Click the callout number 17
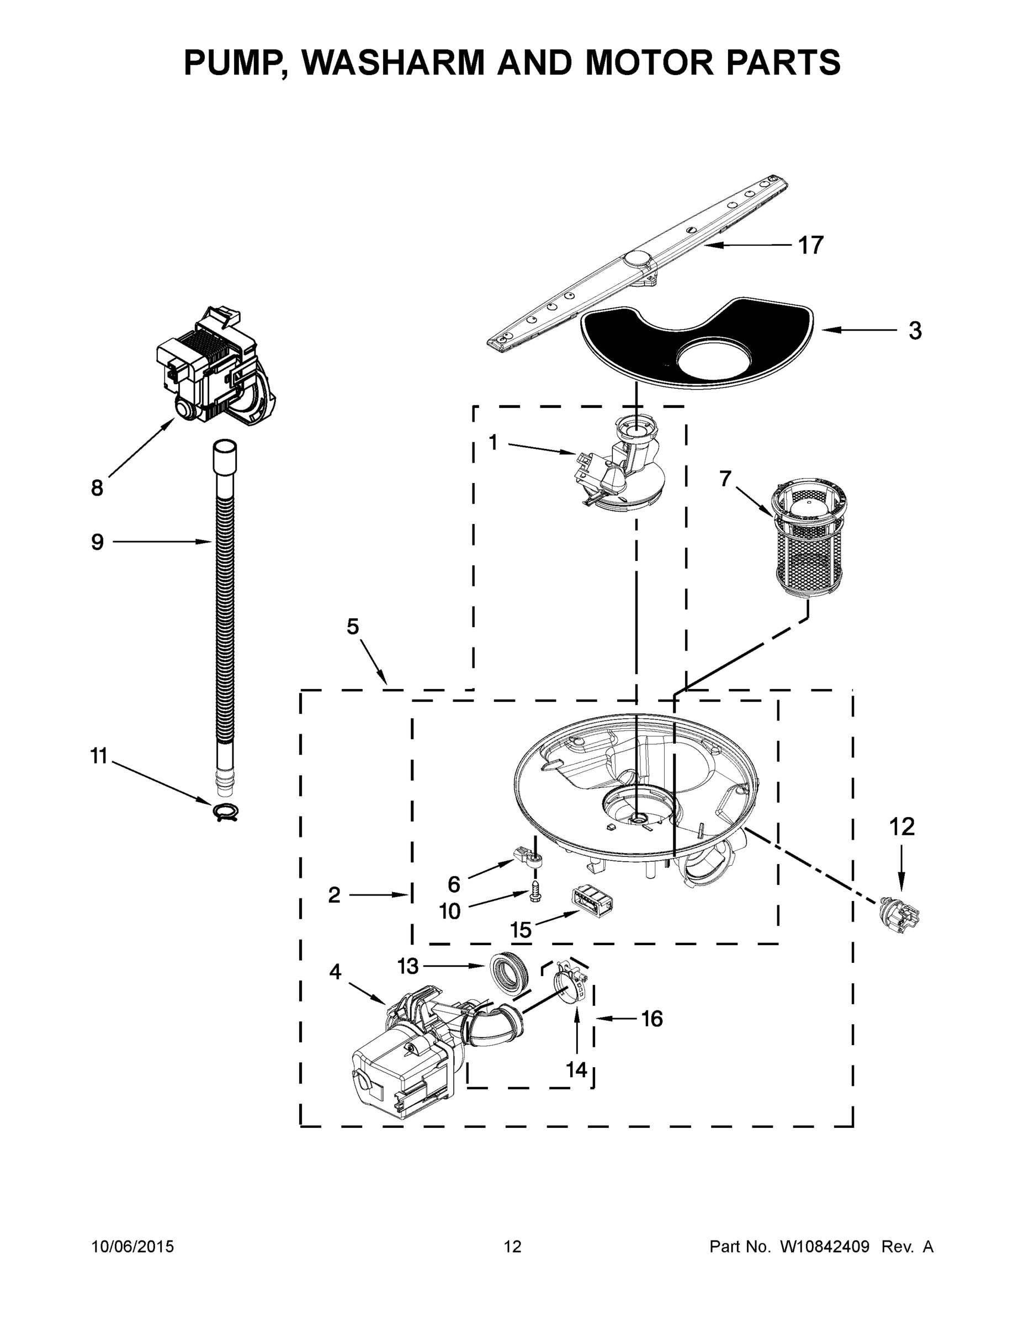point(810,246)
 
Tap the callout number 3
point(915,331)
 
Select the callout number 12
point(901,826)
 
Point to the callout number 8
point(97,488)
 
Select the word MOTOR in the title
point(649,62)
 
